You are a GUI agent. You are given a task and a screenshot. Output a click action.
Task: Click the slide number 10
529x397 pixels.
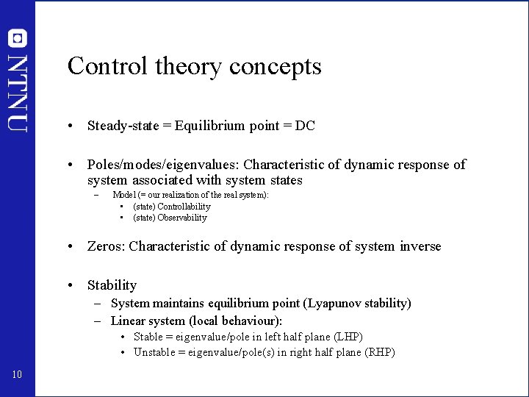17,376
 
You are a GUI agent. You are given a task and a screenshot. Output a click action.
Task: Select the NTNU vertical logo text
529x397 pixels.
18,93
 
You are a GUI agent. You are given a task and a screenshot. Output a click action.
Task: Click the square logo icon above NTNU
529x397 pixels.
18,37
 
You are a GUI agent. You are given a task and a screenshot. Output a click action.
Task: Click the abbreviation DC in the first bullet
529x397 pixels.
305,126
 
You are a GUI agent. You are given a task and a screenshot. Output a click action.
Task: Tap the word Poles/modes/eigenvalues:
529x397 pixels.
163,165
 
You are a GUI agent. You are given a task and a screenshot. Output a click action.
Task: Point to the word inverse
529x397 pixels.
420,246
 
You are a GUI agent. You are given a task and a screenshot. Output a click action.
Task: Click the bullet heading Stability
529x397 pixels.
112,285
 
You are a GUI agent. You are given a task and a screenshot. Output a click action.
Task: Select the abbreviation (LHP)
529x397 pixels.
348,337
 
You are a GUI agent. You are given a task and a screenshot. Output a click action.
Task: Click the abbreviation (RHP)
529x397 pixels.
380,352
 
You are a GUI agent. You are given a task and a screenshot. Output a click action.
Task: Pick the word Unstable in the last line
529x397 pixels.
155,352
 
